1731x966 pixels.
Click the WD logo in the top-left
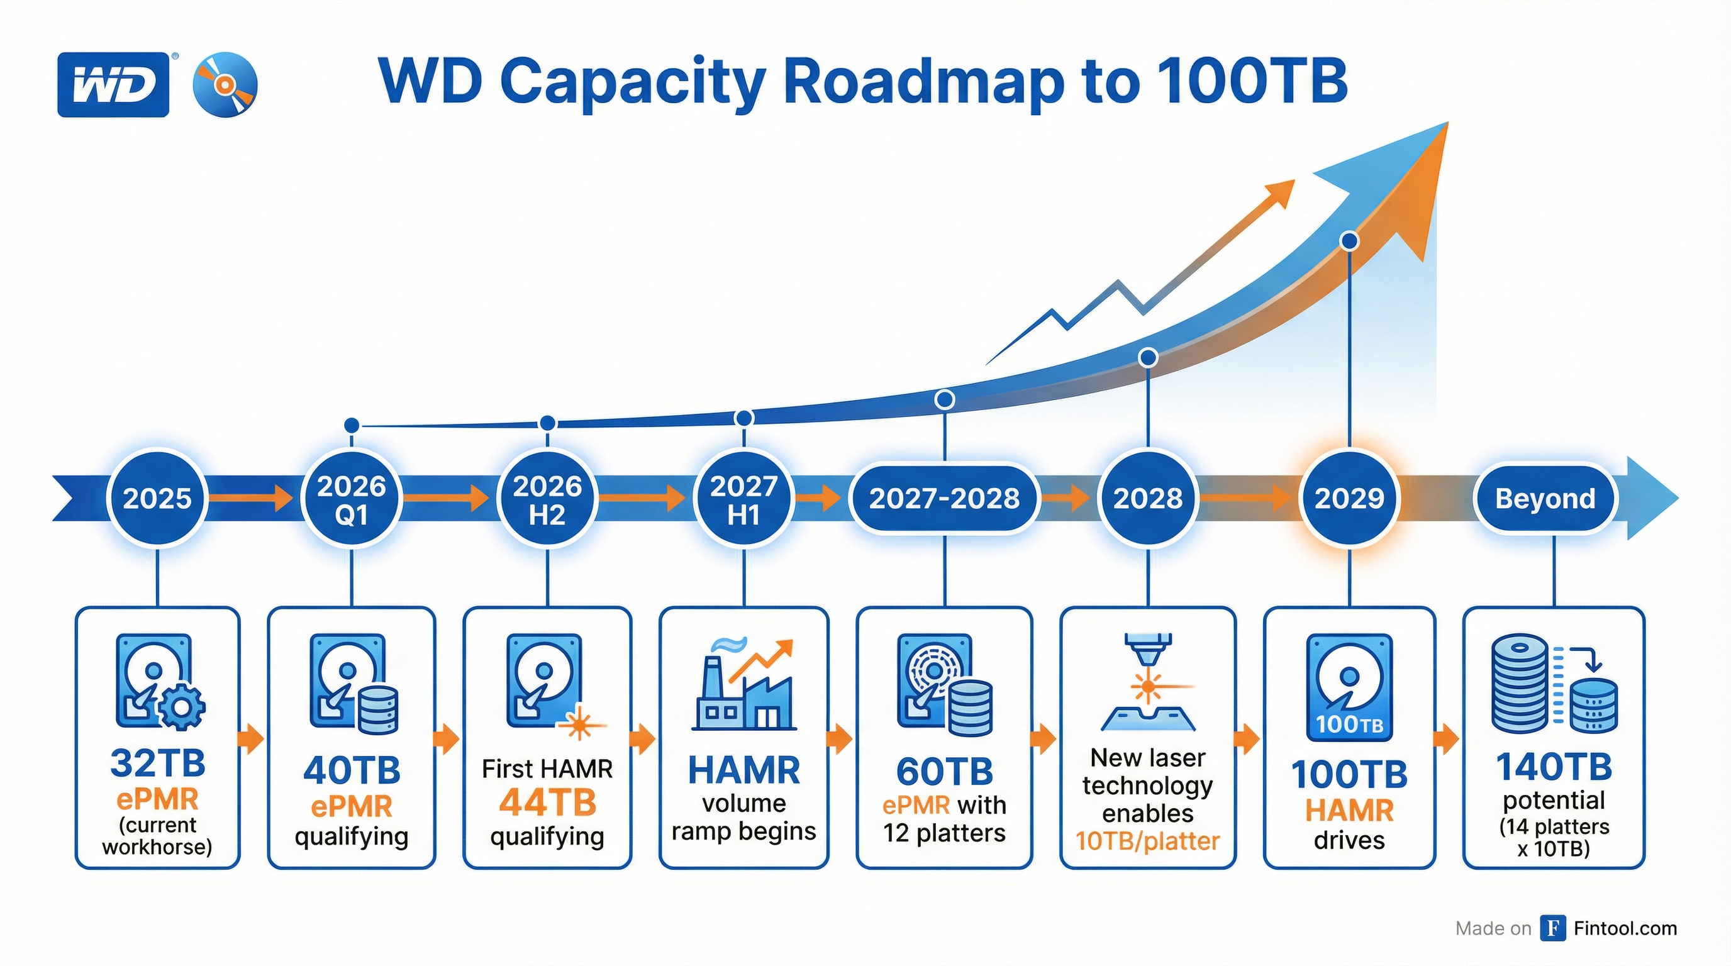pyautogui.click(x=113, y=85)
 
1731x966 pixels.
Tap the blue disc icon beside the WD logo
pyautogui.click(x=225, y=85)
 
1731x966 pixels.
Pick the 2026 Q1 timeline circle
pyautogui.click(x=352, y=500)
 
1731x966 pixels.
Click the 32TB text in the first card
pyautogui.click(x=157, y=763)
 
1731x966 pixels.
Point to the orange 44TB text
pyautogui.click(x=547, y=802)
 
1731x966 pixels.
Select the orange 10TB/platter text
pyautogui.click(x=1147, y=841)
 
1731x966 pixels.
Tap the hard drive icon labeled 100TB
pyautogui.click(x=1349, y=687)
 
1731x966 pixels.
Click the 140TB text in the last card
pyautogui.click(x=1554, y=767)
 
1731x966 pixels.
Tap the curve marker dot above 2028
pyautogui.click(x=1148, y=357)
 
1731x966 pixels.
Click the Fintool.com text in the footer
pyautogui.click(x=1625, y=928)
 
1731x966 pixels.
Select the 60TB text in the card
pyautogui.click(x=944, y=772)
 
